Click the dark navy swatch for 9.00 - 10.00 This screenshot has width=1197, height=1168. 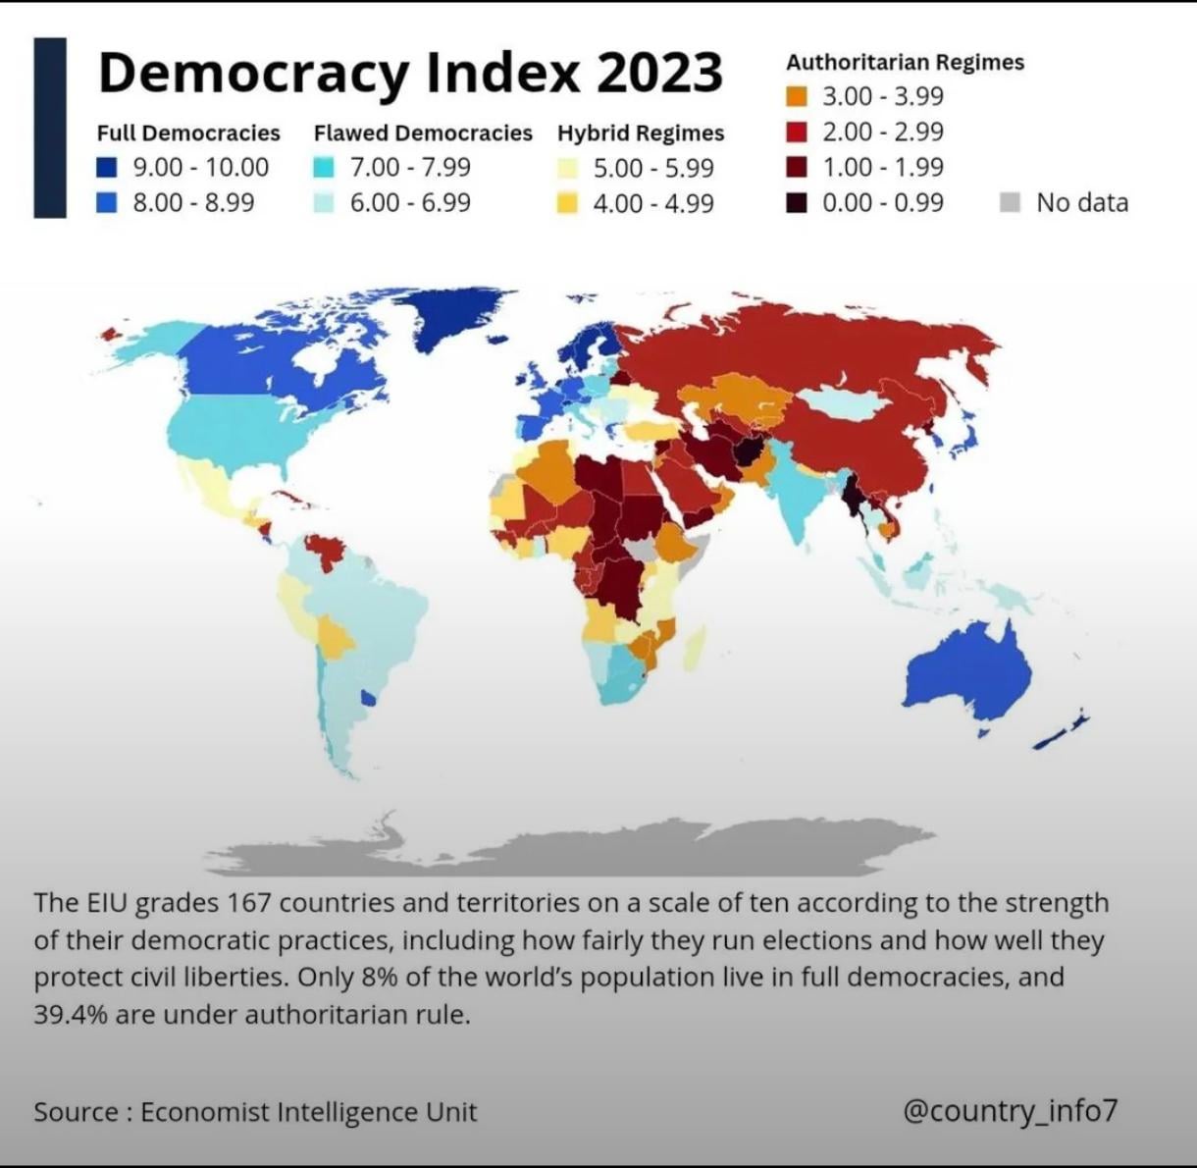click(106, 168)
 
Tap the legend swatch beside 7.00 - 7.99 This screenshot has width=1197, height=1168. click(324, 168)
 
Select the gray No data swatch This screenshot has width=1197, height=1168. click(1010, 202)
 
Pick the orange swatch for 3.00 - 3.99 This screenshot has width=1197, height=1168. click(797, 96)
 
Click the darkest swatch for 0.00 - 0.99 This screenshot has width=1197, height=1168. click(797, 202)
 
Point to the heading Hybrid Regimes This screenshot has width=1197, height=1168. click(641, 133)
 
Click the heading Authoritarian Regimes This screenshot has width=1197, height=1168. click(906, 62)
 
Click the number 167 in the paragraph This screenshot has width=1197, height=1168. click(249, 903)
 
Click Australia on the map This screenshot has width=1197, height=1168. click(968, 670)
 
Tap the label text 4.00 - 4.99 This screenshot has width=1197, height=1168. click(653, 203)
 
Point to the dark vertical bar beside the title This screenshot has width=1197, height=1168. click(50, 128)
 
